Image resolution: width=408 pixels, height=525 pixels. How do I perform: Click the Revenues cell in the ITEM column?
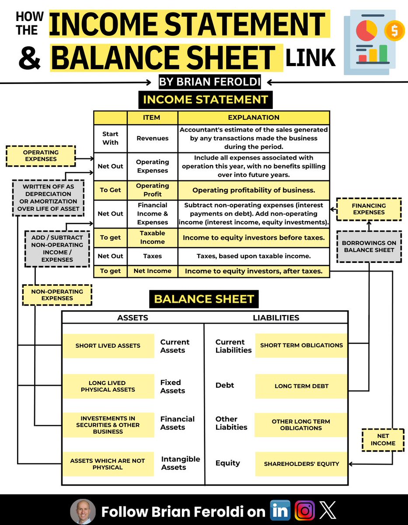[152, 138]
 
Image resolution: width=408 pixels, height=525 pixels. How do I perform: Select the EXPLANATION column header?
[254, 117]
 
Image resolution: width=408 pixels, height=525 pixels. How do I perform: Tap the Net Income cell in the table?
[152, 271]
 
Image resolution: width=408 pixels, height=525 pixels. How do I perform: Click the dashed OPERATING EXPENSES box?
[41, 156]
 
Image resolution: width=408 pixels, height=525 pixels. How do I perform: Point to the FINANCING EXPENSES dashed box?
[369, 209]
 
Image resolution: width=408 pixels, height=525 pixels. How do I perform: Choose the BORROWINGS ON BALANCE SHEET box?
[369, 246]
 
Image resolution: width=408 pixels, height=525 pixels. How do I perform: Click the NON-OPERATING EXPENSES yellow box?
[57, 295]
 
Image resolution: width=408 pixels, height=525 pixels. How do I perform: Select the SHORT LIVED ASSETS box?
[108, 346]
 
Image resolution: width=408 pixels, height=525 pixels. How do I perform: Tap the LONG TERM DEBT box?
[301, 386]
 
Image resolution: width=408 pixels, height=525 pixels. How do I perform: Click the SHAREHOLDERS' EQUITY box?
[301, 464]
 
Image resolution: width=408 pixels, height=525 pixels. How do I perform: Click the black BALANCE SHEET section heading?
[204, 300]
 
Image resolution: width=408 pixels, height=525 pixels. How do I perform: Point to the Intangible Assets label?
[180, 463]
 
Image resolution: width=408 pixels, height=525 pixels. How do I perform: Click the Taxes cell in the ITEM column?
[152, 256]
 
